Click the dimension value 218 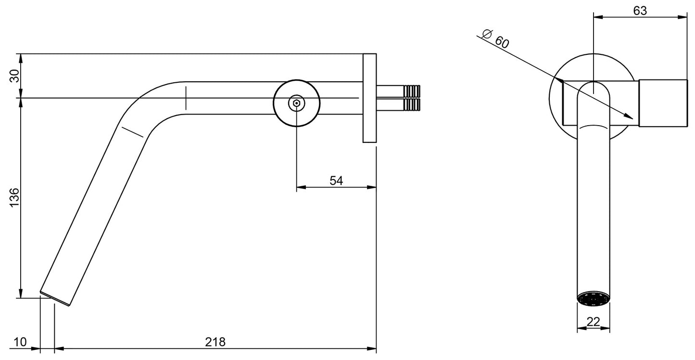pyautogui.click(x=215, y=342)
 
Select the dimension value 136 pyautogui.click(x=14, y=197)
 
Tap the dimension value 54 pyautogui.click(x=336, y=180)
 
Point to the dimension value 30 pyautogui.click(x=14, y=76)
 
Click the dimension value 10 pyautogui.click(x=20, y=342)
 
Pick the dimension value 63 pyautogui.click(x=640, y=11)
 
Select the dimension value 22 pyautogui.click(x=594, y=322)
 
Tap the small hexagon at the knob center pyautogui.click(x=296, y=103)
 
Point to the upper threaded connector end pyautogui.click(x=412, y=91)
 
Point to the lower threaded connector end pyautogui.click(x=412, y=105)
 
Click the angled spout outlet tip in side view pyautogui.click(x=55, y=299)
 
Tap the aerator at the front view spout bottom pyautogui.click(x=594, y=298)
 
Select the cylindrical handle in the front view pyautogui.click(x=662, y=103)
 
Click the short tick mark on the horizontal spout pyautogui.click(x=186, y=98)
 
